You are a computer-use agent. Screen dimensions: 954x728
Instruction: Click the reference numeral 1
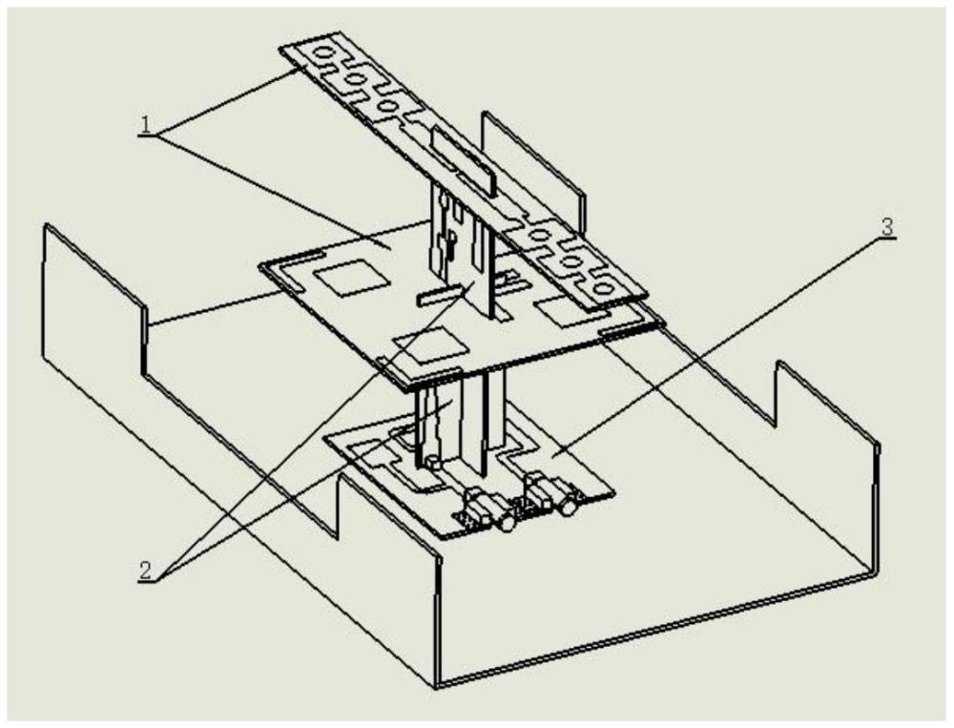(146, 124)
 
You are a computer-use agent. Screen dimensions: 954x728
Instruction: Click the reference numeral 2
(145, 570)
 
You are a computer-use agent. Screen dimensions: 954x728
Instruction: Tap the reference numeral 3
(887, 227)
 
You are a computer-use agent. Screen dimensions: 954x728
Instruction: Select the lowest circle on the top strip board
(603, 286)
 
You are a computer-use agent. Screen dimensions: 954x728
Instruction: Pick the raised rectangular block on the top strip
(464, 162)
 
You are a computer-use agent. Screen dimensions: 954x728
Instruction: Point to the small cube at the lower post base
(434, 463)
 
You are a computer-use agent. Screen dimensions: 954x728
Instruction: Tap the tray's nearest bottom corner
(438, 687)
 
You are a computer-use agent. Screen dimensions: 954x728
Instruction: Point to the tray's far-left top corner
(46, 225)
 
